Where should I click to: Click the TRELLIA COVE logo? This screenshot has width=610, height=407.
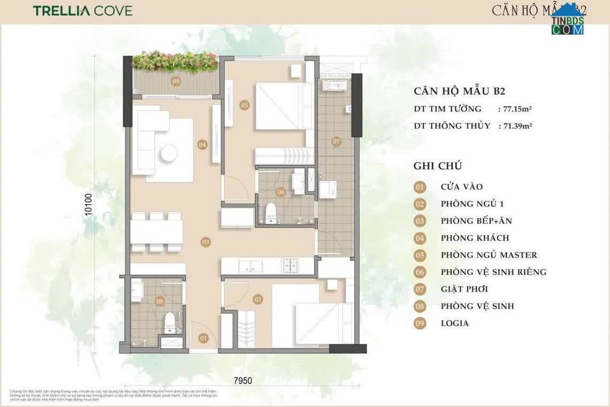pyautogui.click(x=82, y=11)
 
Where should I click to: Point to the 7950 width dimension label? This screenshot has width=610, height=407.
pyautogui.click(x=242, y=381)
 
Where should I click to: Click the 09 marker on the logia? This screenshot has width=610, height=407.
pyautogui.click(x=175, y=81)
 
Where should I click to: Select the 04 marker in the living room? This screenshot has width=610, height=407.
pyautogui.click(x=202, y=145)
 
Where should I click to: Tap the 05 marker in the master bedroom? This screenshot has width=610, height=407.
pyautogui.click(x=245, y=105)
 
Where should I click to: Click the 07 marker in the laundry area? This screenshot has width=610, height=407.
pyautogui.click(x=336, y=142)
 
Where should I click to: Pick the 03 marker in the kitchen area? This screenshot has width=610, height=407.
pyautogui.click(x=205, y=242)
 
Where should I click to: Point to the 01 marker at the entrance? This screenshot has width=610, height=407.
pyautogui.click(x=203, y=338)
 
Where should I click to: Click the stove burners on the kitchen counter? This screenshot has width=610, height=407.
pyautogui.click(x=292, y=265)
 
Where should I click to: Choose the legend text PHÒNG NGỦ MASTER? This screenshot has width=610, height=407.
pyautogui.click(x=489, y=255)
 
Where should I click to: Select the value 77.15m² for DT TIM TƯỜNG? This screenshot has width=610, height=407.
pyautogui.click(x=517, y=109)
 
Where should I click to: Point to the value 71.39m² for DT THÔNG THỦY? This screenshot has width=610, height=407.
pyautogui.click(x=517, y=126)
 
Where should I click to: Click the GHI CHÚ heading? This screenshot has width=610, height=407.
pyautogui.click(x=438, y=166)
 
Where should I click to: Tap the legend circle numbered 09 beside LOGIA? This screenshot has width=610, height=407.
pyautogui.click(x=420, y=323)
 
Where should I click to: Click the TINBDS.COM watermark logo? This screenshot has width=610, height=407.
pyautogui.click(x=568, y=21)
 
